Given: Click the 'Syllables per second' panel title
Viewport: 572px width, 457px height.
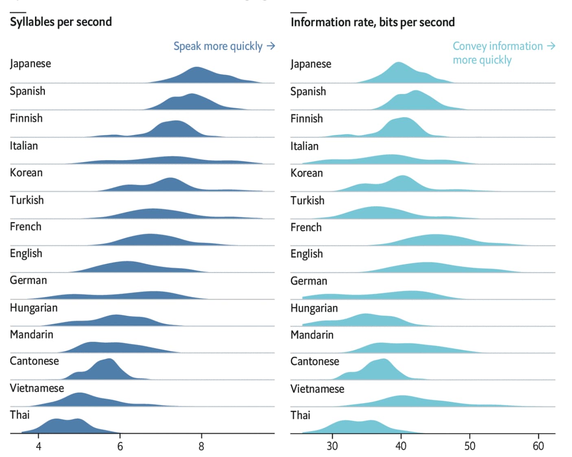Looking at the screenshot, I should [x=61, y=22].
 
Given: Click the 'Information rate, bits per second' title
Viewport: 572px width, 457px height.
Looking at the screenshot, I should [x=372, y=22].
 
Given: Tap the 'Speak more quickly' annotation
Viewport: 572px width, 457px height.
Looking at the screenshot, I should [x=218, y=46].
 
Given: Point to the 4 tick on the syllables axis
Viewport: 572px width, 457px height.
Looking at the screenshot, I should [x=39, y=446].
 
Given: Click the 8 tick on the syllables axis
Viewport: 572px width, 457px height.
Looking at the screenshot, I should [x=201, y=446].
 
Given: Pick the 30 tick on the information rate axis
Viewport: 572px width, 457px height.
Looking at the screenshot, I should [x=332, y=446].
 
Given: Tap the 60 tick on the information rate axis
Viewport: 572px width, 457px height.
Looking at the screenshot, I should [x=538, y=446].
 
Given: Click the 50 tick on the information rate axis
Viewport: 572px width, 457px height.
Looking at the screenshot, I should [x=469, y=446].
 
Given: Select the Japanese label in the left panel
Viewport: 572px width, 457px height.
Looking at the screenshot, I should [x=31, y=64].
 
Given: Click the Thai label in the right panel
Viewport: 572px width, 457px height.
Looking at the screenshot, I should [x=300, y=415].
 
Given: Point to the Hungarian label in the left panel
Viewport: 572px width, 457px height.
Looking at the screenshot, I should [x=34, y=308].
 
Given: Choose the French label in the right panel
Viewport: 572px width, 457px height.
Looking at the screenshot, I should [x=306, y=227].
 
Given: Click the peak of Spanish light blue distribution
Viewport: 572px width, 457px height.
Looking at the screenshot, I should [x=415, y=92].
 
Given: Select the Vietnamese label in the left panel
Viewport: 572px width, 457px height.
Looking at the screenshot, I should [x=37, y=388].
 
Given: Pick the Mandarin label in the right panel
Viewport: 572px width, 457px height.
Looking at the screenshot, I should [x=312, y=335].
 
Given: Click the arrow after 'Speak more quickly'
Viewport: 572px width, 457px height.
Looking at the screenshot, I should [x=271, y=46].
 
